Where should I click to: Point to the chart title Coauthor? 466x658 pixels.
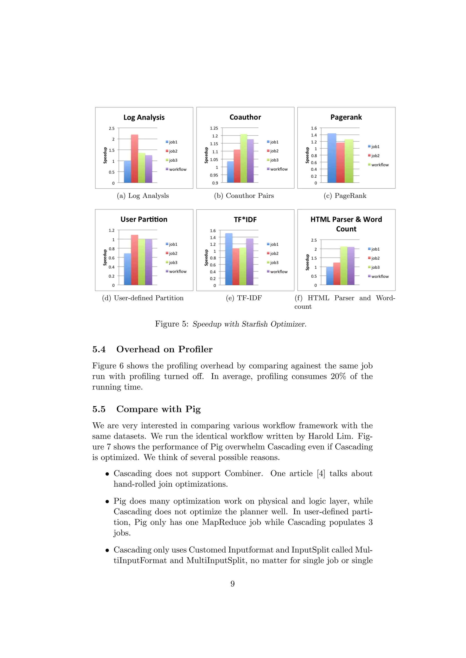(245, 117)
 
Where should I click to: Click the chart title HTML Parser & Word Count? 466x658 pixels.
(346, 224)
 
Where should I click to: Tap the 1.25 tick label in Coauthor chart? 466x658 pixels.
(214, 128)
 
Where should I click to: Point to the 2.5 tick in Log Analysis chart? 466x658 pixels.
(112, 128)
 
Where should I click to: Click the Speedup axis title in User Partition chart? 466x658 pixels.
(105, 257)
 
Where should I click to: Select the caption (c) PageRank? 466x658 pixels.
(345, 196)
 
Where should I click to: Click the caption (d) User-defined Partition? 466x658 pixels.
(143, 298)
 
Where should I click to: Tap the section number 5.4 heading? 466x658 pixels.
(99, 349)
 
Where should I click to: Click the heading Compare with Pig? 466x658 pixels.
(158, 409)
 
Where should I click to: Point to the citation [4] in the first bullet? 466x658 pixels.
(321, 474)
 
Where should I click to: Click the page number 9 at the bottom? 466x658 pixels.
(232, 584)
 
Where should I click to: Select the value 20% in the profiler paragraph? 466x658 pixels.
(338, 376)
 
